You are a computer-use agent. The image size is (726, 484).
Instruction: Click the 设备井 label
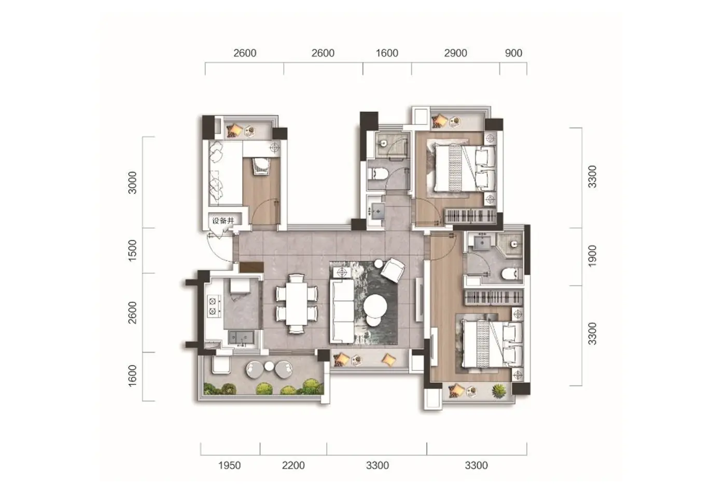(x=223, y=221)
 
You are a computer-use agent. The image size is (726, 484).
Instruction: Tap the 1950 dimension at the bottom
(x=229, y=465)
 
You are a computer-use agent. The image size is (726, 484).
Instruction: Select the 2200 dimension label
(x=294, y=465)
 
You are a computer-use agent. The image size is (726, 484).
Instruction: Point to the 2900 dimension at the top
(x=455, y=53)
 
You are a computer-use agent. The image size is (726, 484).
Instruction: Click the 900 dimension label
(x=514, y=53)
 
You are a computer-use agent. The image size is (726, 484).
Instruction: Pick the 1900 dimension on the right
(x=592, y=256)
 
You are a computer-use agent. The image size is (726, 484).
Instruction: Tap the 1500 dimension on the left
(x=133, y=251)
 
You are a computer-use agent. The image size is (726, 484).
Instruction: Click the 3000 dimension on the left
(x=133, y=183)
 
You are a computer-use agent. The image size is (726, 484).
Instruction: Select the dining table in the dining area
(x=297, y=304)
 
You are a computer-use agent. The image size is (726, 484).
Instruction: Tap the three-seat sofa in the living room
(x=342, y=311)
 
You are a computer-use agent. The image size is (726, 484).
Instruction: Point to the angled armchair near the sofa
(x=393, y=270)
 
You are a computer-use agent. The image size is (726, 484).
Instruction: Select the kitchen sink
(x=241, y=338)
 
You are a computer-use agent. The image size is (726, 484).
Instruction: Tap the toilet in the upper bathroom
(x=378, y=173)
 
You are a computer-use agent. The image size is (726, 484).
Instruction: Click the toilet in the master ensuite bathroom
(x=512, y=274)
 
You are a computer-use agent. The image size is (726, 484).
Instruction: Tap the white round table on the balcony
(x=269, y=366)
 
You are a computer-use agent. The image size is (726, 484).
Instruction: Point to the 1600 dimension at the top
(x=387, y=53)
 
